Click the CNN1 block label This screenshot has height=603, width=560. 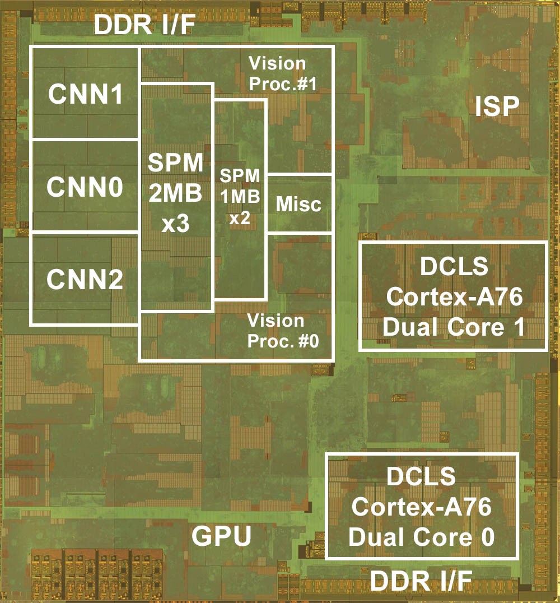[x=85, y=94]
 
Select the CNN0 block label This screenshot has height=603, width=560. [x=85, y=188]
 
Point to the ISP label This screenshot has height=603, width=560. [x=497, y=106]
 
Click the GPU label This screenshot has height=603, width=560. [x=221, y=536]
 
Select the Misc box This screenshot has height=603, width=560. [x=299, y=204]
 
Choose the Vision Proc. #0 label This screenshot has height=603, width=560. [x=283, y=331]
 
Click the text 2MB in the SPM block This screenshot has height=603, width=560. [x=175, y=195]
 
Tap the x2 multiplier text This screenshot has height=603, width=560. [x=240, y=219]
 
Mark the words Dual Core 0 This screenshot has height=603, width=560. [x=422, y=537]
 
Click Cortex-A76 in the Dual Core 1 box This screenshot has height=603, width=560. [x=454, y=297]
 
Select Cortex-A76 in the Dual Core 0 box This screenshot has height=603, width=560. [x=422, y=508]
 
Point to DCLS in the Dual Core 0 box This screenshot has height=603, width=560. [x=422, y=477]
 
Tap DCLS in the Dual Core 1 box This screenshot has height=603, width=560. [x=454, y=267]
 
